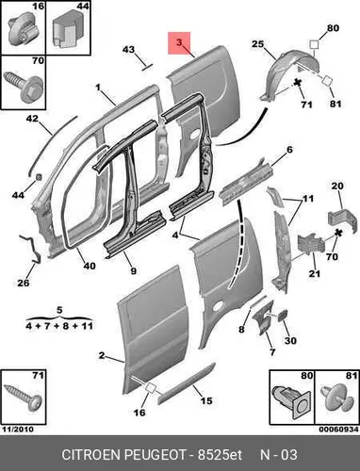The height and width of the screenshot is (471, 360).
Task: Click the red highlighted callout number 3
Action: (x=179, y=42)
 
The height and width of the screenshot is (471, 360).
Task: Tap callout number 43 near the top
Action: (x=128, y=50)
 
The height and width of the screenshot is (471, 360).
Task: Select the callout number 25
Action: (x=257, y=44)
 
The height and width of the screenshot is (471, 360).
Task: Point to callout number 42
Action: (x=32, y=119)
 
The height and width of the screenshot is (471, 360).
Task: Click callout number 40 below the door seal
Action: (x=90, y=266)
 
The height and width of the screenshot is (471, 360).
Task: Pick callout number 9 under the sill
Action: (x=134, y=270)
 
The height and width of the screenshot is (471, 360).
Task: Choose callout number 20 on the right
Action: (x=337, y=186)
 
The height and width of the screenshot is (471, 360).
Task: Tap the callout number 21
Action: (x=315, y=273)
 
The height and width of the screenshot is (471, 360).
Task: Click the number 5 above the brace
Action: (x=59, y=310)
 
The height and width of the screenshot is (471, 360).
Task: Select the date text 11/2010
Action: (x=18, y=430)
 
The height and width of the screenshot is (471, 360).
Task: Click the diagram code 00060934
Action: (x=338, y=430)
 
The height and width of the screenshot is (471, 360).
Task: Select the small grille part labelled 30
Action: (x=283, y=315)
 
